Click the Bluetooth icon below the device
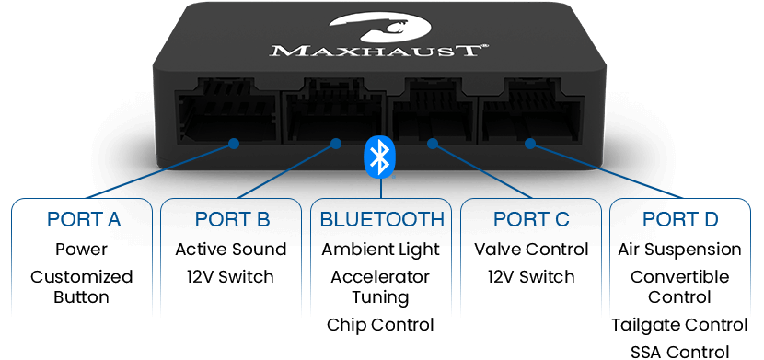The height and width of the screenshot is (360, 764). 380,157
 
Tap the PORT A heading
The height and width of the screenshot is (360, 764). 84,220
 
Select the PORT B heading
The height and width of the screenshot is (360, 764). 232,220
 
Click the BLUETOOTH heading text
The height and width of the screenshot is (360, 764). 382,220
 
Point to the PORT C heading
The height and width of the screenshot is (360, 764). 531,220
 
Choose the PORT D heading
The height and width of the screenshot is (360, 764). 680,220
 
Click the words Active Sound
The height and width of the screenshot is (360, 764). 231,250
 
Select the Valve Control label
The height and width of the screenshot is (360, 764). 532,250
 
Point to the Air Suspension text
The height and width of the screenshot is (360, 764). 679,250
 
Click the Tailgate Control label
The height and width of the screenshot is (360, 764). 679,325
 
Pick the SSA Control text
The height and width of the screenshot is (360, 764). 679,352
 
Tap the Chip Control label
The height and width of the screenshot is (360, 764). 380,325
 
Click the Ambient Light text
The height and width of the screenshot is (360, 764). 380,250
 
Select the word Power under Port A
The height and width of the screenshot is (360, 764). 81,250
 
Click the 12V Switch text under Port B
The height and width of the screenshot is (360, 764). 230,277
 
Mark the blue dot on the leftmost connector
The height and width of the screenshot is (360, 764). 234,144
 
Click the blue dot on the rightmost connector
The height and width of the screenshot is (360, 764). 530,144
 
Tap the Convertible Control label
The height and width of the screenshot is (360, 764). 679,287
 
